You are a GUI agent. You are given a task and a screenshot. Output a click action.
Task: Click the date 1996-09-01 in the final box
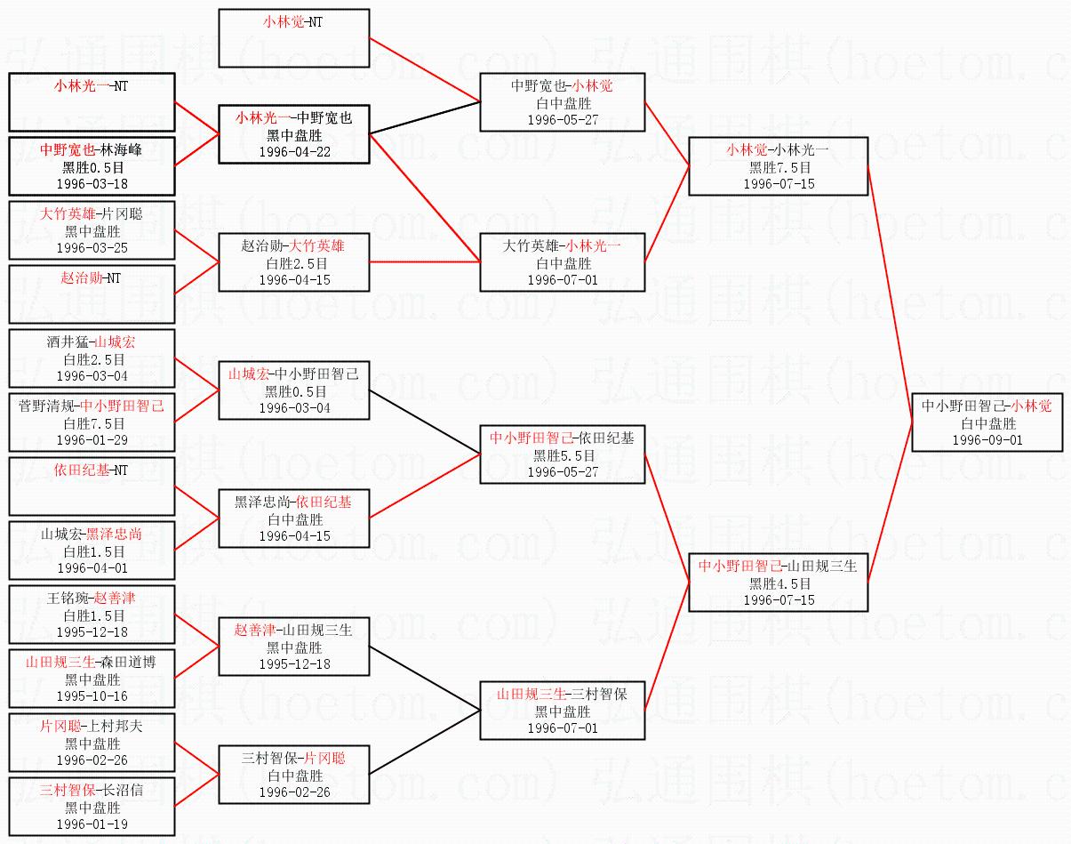click(x=987, y=440)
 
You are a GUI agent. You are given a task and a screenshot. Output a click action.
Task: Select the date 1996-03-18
click(x=92, y=184)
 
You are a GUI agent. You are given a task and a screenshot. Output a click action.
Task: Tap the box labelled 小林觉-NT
click(x=294, y=38)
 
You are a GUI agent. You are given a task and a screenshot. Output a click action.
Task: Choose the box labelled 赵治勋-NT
click(x=92, y=294)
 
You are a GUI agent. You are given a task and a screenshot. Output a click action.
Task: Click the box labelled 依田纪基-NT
click(x=92, y=486)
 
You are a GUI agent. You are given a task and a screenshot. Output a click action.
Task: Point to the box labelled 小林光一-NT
click(x=92, y=102)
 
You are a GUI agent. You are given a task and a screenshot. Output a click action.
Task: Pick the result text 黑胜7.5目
click(x=779, y=168)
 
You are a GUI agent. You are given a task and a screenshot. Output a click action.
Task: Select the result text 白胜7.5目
click(x=93, y=423)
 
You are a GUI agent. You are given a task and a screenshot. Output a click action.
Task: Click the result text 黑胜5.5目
click(x=563, y=455)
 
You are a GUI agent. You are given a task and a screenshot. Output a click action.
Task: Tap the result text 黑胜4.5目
click(x=779, y=583)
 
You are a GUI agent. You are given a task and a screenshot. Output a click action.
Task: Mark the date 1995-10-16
click(x=92, y=696)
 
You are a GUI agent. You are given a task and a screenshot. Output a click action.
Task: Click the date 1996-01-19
click(x=92, y=824)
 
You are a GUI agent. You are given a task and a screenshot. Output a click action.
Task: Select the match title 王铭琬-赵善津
click(x=91, y=598)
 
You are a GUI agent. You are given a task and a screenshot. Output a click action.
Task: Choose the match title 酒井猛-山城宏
click(x=91, y=342)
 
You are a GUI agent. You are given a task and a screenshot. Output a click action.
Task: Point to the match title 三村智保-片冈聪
click(x=293, y=759)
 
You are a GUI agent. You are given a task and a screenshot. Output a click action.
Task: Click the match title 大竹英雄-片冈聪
click(x=91, y=214)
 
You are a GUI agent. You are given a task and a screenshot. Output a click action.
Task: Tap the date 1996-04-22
click(x=294, y=152)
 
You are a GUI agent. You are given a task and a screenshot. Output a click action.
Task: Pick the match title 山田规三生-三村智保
click(x=563, y=694)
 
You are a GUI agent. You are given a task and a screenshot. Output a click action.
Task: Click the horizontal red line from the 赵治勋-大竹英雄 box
click(x=425, y=261)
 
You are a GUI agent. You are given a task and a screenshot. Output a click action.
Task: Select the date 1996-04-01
click(x=92, y=568)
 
